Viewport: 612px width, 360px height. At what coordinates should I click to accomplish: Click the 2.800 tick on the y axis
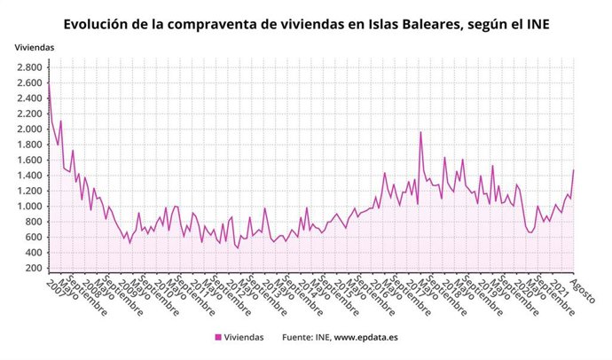(x=27, y=67)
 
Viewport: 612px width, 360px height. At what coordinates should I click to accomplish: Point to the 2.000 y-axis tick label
(x=27, y=129)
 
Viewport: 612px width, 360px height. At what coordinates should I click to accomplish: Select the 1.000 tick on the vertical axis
(x=27, y=207)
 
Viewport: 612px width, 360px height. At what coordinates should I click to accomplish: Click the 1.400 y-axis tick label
(x=27, y=176)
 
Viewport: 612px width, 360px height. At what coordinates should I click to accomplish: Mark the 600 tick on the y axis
(x=31, y=238)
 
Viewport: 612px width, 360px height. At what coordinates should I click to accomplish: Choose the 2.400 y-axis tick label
(x=27, y=98)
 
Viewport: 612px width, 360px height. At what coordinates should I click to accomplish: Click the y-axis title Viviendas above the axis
(x=34, y=46)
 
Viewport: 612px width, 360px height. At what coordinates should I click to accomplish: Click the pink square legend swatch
(x=218, y=337)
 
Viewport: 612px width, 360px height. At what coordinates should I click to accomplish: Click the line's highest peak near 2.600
(x=49, y=82)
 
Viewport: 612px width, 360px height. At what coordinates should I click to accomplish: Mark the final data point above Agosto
(x=574, y=169)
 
